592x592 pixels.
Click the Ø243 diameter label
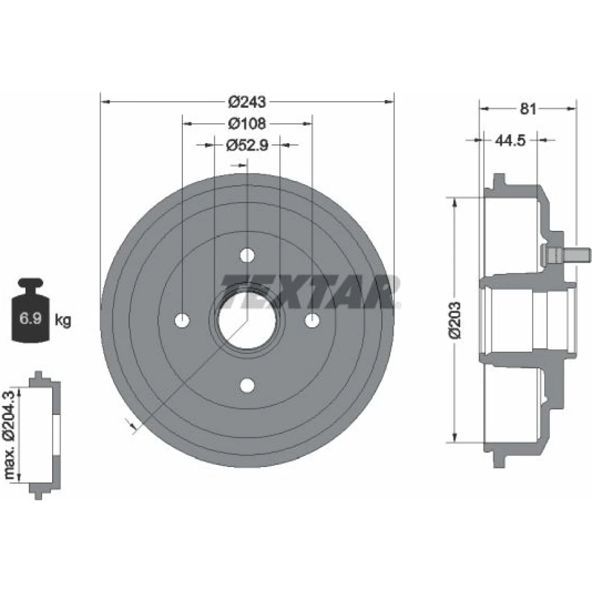[247, 102]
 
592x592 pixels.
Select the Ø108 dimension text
[247, 124]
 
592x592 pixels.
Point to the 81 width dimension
[528, 109]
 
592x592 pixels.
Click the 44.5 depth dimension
[510, 140]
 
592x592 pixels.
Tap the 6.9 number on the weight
[30, 318]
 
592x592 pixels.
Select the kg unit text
[63, 320]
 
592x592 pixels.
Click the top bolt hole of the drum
[247, 255]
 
